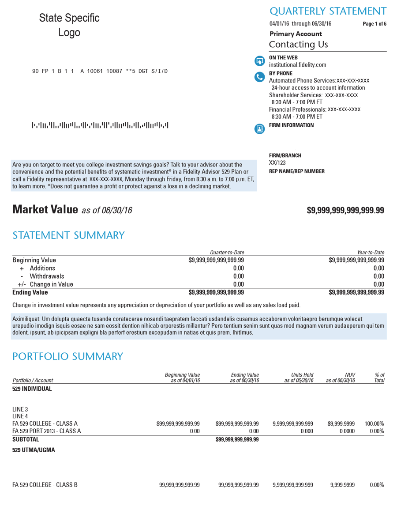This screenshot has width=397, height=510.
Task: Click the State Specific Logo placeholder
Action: point(69,25)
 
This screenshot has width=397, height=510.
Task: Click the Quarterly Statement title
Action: point(328,11)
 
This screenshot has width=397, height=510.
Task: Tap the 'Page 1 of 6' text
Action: point(374,24)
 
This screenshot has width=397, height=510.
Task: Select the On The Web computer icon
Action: point(260,61)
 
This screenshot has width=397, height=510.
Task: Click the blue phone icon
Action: point(260,77)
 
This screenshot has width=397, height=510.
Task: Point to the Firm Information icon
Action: point(260,129)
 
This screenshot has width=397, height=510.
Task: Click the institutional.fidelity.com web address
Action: point(297,65)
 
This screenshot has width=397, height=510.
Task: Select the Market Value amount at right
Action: point(345,211)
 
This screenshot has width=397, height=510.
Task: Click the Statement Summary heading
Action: point(68,235)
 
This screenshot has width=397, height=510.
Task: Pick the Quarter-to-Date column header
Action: point(227,252)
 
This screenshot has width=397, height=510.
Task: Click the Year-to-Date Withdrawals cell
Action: point(378,276)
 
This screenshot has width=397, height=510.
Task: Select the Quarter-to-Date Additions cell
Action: point(238,268)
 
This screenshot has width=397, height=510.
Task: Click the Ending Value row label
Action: point(30,292)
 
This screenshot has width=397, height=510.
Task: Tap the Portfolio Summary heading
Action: point(67,356)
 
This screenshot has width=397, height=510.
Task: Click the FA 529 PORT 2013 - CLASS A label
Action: point(46,431)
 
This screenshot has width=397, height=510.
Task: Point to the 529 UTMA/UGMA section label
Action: point(34,451)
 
